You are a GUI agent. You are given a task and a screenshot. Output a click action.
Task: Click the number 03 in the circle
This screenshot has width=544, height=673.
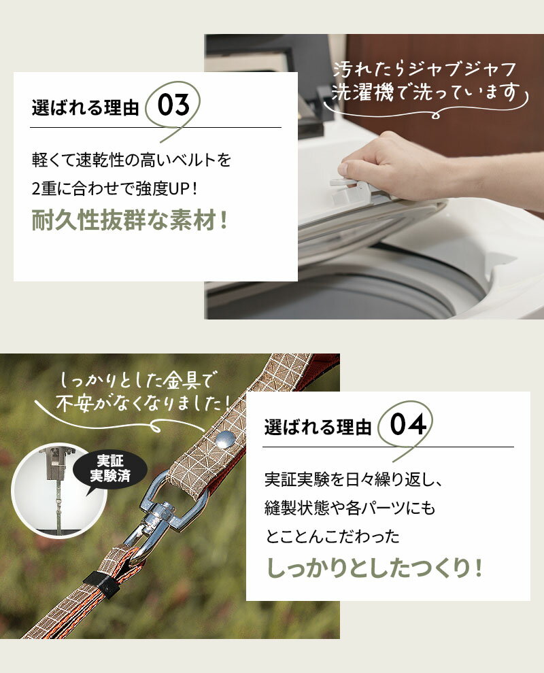click(173, 105)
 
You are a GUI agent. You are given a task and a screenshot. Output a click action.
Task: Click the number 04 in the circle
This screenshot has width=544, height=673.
click(408, 424)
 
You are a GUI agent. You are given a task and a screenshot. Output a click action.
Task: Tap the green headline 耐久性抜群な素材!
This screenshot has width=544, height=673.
click(129, 221)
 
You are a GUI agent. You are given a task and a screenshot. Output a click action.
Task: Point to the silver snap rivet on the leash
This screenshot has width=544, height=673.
click(225, 439)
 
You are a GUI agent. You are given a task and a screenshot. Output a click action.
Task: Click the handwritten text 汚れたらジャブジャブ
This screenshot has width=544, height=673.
click(424, 69)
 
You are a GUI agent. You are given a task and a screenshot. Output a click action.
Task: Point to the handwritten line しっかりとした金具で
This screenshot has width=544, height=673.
click(137, 380)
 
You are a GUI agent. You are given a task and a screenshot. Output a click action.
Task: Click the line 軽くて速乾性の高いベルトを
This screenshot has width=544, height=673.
click(131, 160)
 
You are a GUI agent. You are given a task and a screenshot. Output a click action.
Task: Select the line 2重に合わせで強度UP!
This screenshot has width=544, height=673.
click(115, 188)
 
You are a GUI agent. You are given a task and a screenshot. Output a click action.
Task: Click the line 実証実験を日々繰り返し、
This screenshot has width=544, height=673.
click(353, 479)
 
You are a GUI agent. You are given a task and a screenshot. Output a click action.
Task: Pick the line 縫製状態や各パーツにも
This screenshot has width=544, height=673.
click(350, 508)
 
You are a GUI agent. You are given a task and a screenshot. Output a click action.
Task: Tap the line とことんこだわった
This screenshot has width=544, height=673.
click(333, 536)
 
